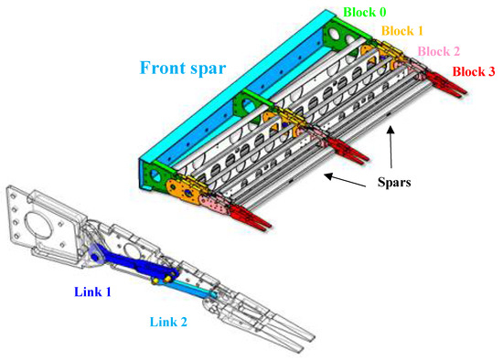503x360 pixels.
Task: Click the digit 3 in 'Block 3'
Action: click(493, 72)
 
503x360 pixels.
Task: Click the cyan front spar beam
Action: click(229, 101)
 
